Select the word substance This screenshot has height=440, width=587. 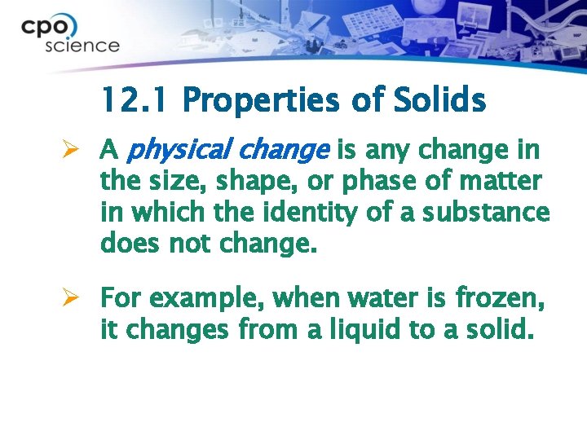pyautogui.click(x=492, y=213)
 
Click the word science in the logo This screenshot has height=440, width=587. pyautogui.click(x=82, y=46)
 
